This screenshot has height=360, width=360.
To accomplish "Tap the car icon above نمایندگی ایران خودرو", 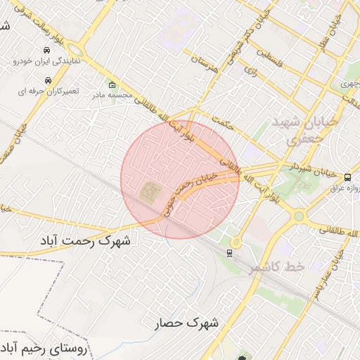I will (x=46, y=51).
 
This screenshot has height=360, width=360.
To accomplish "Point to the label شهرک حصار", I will (x=188, y=323).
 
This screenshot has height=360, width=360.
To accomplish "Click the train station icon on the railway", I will (x=231, y=252).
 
